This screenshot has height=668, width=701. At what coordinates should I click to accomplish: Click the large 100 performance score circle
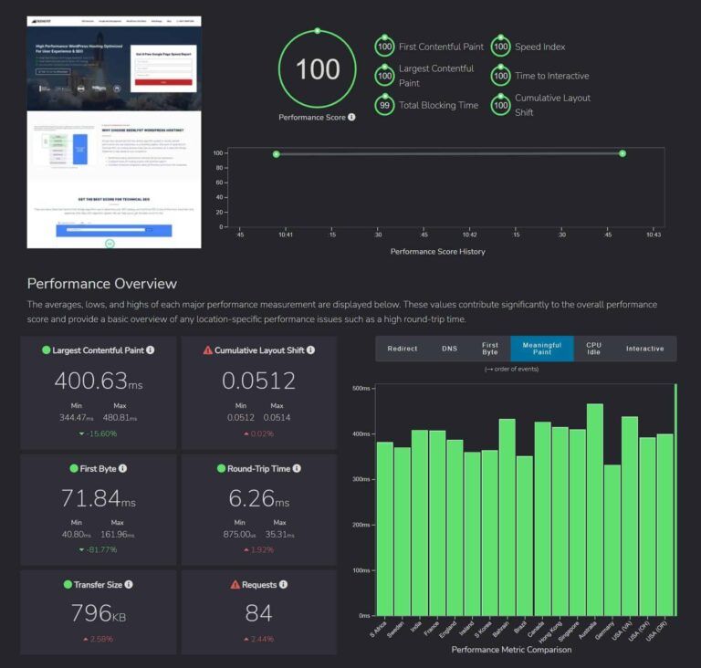click(x=318, y=69)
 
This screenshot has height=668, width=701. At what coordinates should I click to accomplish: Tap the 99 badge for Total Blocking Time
click(x=385, y=105)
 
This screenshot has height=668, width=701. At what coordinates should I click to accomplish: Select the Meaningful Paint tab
click(x=541, y=349)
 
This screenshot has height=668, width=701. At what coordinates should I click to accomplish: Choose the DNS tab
click(x=450, y=349)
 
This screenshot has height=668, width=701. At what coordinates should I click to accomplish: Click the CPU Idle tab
click(x=593, y=349)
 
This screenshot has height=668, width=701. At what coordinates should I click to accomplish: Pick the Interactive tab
click(x=644, y=349)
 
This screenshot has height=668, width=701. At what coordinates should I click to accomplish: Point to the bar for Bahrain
click(x=507, y=517)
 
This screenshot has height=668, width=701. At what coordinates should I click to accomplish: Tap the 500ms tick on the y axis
click(x=360, y=388)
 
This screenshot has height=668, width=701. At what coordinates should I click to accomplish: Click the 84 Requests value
click(x=258, y=614)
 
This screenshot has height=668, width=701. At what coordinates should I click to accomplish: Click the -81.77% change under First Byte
click(x=98, y=549)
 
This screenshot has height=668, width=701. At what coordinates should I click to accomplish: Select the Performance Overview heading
click(x=101, y=284)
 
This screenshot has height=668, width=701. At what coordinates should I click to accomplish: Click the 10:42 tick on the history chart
click(x=469, y=235)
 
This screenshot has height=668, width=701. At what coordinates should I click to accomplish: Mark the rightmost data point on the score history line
click(x=623, y=153)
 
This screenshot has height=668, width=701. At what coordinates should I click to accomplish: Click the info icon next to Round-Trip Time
click(x=298, y=468)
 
